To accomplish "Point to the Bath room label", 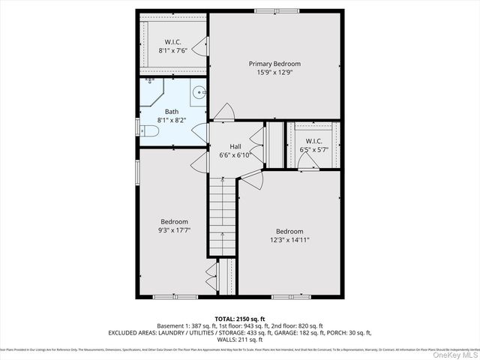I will click(172, 112).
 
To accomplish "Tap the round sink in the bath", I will click(199, 94).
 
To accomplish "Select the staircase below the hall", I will click(222, 217).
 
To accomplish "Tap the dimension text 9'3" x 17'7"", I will click(174, 232).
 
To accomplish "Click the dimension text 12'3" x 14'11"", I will click(289, 241).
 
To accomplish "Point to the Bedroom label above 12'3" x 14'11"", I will click(289, 231).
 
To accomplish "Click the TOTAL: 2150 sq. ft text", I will click(240, 319).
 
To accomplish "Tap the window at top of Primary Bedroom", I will click(265, 10).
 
